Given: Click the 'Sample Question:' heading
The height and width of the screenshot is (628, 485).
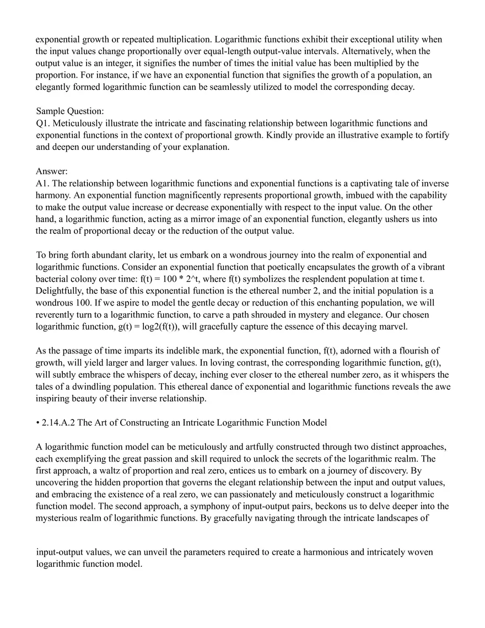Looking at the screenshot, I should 69,111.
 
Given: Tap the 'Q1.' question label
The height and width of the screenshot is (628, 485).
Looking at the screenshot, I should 43,123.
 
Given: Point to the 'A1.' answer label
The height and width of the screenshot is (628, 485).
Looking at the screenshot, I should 43,184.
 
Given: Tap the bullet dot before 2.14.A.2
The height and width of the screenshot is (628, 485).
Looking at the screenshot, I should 37,423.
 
